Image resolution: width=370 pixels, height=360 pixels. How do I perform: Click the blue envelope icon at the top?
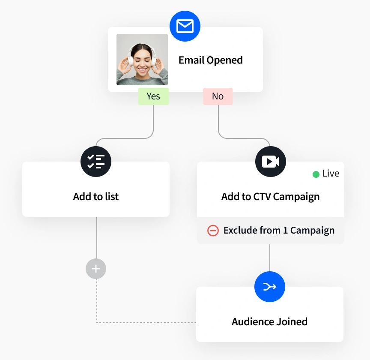(185, 26)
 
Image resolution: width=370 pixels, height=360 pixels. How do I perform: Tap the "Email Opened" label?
(210, 60)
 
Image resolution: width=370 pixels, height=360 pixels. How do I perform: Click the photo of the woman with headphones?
(142, 60)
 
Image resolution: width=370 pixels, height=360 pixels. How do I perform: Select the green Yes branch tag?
(153, 96)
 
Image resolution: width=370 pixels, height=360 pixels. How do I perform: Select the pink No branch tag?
(218, 96)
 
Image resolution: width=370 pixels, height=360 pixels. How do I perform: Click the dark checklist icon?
(96, 162)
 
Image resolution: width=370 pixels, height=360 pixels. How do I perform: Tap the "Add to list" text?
(96, 197)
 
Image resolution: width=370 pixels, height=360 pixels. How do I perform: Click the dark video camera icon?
(270, 162)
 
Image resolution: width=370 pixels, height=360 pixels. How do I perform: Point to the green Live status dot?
(316, 174)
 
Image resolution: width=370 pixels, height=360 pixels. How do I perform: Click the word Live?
(331, 174)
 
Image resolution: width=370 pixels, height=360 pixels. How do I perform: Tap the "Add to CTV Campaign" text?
(270, 197)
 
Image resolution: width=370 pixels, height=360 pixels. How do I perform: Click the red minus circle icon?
(213, 231)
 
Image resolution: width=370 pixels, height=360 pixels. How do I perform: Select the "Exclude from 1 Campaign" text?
(279, 231)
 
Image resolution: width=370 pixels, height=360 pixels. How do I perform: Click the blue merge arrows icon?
(269, 287)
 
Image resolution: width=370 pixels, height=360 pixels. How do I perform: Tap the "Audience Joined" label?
(269, 322)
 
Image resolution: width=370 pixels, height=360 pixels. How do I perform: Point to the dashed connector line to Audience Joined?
(146, 322)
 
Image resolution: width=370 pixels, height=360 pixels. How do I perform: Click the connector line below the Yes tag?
(153, 120)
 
